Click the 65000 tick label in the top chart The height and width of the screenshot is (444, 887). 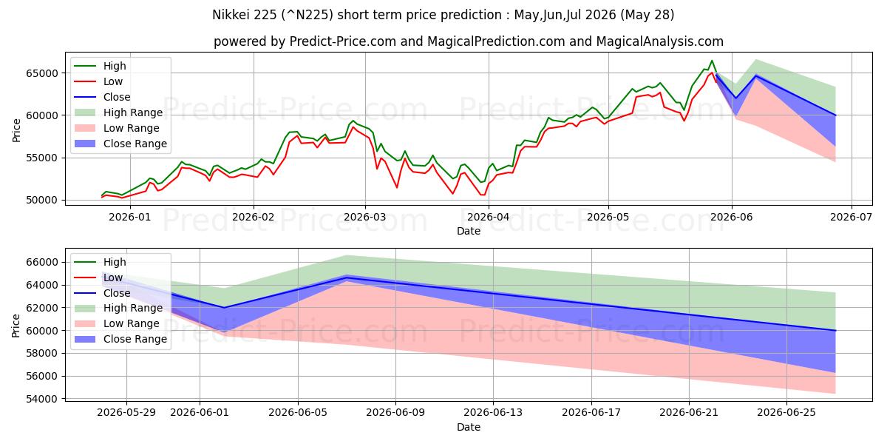tap(41, 73)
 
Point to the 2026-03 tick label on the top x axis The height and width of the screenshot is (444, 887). tap(365, 218)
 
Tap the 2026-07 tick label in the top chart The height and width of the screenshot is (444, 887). tap(851, 218)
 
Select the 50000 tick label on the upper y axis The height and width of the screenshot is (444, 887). tap(41, 201)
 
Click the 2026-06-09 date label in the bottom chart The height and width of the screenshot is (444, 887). tap(395, 413)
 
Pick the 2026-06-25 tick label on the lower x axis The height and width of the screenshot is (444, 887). tap(786, 413)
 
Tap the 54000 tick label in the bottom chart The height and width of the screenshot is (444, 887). tap(41, 399)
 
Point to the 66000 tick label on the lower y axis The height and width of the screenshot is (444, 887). tap(41, 263)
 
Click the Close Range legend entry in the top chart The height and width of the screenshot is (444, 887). tap(120, 144)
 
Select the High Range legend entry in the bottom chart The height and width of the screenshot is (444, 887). tap(119, 308)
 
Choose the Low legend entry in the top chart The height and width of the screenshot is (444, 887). tap(98, 81)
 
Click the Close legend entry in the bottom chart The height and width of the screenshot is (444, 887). tap(102, 293)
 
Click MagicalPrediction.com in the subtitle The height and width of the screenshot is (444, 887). tap(496, 41)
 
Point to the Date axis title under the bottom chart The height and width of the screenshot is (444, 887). tap(469, 427)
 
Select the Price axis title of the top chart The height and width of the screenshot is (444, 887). tap(16, 130)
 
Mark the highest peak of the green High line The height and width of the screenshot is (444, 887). tap(712, 61)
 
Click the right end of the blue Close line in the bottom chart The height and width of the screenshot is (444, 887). tap(835, 330)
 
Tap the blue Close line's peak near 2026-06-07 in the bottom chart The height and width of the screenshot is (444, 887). tap(347, 277)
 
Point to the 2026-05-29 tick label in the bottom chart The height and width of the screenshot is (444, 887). tap(126, 413)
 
